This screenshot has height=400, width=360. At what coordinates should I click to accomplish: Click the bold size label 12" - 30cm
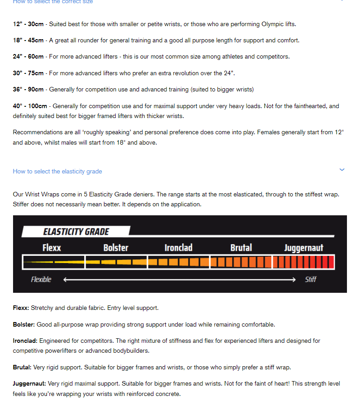28,24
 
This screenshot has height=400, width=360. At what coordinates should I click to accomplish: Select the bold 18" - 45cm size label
28,40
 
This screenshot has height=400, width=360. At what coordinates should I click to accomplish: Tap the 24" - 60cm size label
28,56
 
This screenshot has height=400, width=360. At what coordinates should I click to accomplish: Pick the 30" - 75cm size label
28,73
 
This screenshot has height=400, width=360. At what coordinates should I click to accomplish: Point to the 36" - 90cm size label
28,89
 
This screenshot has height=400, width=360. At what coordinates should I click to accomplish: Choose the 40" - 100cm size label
30,106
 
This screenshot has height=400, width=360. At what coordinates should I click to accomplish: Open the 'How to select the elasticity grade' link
58,171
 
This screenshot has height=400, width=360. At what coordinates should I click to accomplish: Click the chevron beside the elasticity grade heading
342,170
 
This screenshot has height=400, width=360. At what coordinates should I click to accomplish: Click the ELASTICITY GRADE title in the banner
76,232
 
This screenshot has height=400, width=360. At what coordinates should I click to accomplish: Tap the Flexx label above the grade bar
52,248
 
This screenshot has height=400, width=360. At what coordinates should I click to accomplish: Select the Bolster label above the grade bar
116,248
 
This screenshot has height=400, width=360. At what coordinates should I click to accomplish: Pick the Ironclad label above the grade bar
178,248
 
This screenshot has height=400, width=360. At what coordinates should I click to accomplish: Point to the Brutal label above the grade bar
241,248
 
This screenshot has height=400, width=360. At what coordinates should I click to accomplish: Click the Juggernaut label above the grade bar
304,248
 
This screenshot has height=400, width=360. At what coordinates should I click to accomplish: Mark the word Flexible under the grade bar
41,279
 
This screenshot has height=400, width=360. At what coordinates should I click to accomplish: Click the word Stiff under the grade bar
310,279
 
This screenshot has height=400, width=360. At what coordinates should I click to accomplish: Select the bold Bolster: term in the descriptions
24,324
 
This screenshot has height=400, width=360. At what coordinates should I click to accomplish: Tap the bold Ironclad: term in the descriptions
25,341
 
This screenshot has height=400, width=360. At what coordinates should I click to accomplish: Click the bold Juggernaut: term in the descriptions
30,383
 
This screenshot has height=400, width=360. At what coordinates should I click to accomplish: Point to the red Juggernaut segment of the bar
304,262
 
